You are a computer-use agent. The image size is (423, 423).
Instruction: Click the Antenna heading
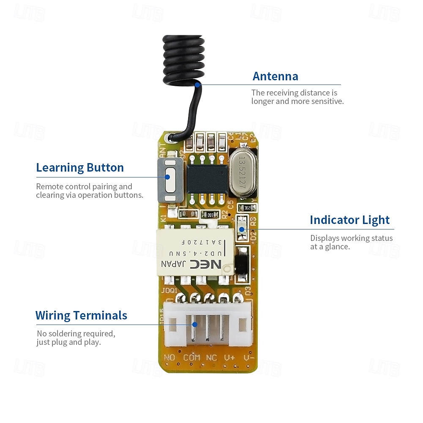tap(275, 76)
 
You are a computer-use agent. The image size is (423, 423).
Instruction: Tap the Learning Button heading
tap(80, 168)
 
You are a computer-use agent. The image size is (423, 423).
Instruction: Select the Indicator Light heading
tap(349, 220)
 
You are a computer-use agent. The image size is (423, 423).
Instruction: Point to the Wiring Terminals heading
tap(81, 316)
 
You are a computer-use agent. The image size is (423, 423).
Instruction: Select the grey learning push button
tap(170, 180)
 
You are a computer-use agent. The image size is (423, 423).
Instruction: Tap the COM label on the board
tap(191, 358)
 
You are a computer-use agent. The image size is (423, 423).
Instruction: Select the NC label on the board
tap(211, 358)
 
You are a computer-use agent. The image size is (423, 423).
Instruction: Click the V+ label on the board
tap(229, 358)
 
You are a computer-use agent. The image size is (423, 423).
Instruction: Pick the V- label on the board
tap(248, 358)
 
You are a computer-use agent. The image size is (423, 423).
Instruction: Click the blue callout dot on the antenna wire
tap(197, 85)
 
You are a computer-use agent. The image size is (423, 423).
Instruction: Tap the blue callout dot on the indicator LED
tap(242, 229)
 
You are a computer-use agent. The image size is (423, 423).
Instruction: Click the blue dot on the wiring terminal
tap(195, 325)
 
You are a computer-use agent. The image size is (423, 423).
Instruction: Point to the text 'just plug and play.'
tap(68, 342)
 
